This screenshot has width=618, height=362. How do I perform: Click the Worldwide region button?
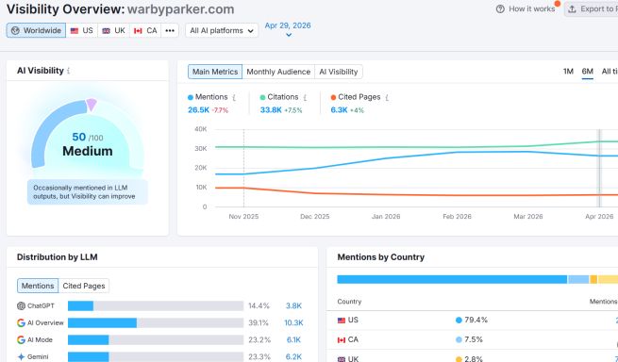pos(36,30)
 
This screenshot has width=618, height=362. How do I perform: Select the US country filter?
pos(82,30)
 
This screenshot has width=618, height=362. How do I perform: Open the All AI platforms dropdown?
pos(222,30)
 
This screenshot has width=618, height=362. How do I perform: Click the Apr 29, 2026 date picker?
pos(288,26)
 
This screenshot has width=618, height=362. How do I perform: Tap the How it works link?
pos(526,8)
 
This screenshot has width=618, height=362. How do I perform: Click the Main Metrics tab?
pos(214,72)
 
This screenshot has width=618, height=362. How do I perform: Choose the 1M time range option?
pos(568,72)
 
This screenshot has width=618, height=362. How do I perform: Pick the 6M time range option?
pos(588,72)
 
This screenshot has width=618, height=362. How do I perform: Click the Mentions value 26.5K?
pos(199,110)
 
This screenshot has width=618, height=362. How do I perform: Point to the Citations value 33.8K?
pos(271,110)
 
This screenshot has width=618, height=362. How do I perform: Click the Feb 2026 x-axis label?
pos(457,216)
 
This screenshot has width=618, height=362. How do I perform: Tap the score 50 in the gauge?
pos(79,137)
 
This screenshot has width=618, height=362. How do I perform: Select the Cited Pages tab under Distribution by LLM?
pos(85,286)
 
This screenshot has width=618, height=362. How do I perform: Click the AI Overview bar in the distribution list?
pos(102,322)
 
